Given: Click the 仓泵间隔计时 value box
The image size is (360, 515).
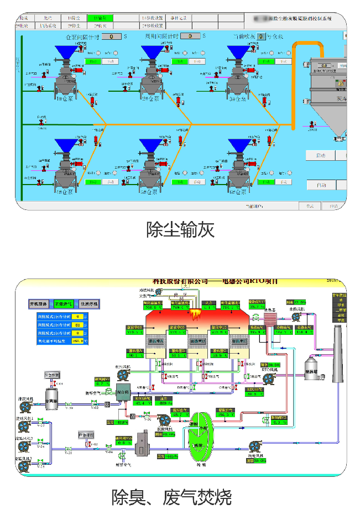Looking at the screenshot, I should click(x=112, y=36).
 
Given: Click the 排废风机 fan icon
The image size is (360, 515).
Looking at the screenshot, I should click(x=24, y=406).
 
